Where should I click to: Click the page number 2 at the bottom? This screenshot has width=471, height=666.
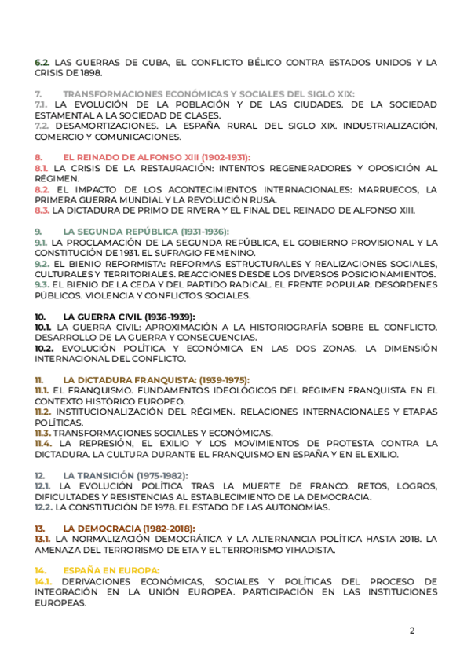coord(411,631)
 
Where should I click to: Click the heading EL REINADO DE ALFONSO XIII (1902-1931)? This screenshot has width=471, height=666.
coord(157,157)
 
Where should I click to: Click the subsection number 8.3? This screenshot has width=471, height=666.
coord(42,210)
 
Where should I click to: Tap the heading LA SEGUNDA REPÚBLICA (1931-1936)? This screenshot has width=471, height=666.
coord(146,232)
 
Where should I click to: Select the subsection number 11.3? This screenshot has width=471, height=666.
coord(42,433)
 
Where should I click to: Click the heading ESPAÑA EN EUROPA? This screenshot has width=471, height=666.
coord(111,569)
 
